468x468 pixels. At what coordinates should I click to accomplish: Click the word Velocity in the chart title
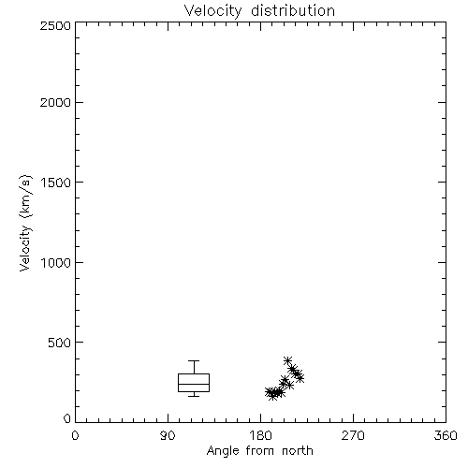pos(213,11)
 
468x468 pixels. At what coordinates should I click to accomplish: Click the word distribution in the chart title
pos(293,10)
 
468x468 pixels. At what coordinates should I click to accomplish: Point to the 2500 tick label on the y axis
pos(55,25)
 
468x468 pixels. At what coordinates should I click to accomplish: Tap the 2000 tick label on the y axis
pos(55,102)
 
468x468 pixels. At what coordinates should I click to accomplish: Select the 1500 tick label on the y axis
pos(56,183)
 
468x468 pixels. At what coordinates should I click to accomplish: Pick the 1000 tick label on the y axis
pos(56,262)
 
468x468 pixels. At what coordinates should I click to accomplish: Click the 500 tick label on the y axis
pos(60,343)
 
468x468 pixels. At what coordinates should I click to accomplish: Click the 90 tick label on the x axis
pos(168,435)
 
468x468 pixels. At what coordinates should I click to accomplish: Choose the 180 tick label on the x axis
pos(260,435)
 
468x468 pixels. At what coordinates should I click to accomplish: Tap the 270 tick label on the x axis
pos(353,435)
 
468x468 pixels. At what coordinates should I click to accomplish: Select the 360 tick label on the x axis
pos(446,435)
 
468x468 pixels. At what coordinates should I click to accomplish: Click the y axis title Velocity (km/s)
pos(25,223)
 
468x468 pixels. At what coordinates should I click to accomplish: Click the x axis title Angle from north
pos(260,451)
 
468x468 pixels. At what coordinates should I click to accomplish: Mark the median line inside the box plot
pos(194,384)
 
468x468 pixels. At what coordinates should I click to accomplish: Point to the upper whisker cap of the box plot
pos(194,361)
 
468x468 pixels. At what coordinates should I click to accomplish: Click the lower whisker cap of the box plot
pos(194,396)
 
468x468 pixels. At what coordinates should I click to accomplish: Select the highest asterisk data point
pos(287,360)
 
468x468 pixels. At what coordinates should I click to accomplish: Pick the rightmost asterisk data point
pos(300,378)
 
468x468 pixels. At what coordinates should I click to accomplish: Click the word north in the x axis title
pos(298,450)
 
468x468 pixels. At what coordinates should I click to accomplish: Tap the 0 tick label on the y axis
pos(67,418)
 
